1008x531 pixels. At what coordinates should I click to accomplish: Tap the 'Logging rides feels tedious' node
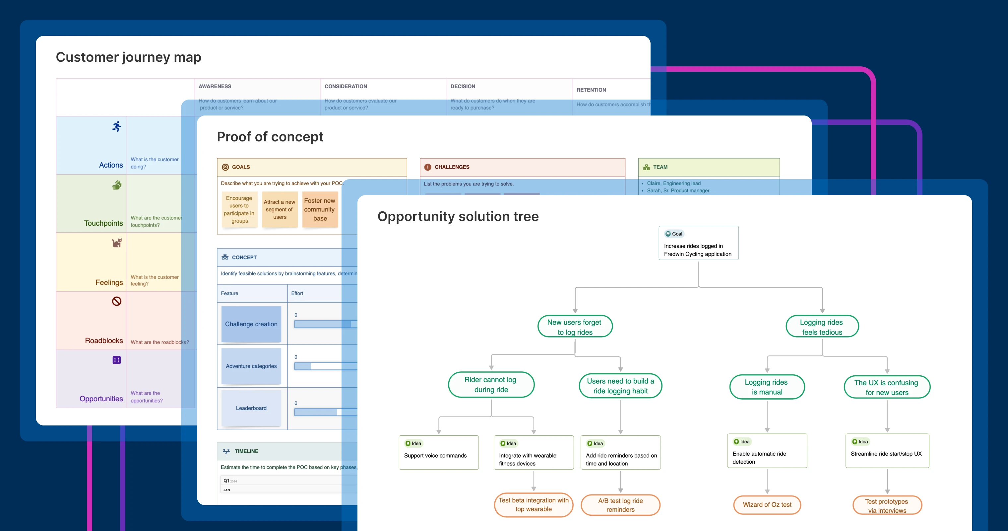pos(822,327)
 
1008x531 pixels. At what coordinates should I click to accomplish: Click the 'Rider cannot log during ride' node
pos(491,385)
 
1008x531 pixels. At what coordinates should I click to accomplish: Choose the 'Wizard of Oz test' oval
pos(767,504)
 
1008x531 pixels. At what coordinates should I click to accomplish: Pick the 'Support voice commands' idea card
pos(438,452)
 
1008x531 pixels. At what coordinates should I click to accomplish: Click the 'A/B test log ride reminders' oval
pos(620,505)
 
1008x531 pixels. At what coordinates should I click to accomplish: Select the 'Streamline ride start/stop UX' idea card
pos(887,450)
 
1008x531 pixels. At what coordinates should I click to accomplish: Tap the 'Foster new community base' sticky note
pos(320,209)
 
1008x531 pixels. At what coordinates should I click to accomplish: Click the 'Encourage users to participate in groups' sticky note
pos(239,209)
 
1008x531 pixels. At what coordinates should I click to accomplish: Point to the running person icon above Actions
pos(117,126)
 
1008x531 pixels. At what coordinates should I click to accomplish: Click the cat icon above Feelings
pos(117,243)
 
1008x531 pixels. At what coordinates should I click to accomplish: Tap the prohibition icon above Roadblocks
pos(117,301)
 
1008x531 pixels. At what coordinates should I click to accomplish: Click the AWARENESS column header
pos(215,86)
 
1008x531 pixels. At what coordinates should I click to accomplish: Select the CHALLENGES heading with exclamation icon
pos(452,167)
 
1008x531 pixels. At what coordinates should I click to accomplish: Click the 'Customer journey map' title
pos(128,57)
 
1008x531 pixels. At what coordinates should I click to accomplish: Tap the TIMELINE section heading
pos(246,451)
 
